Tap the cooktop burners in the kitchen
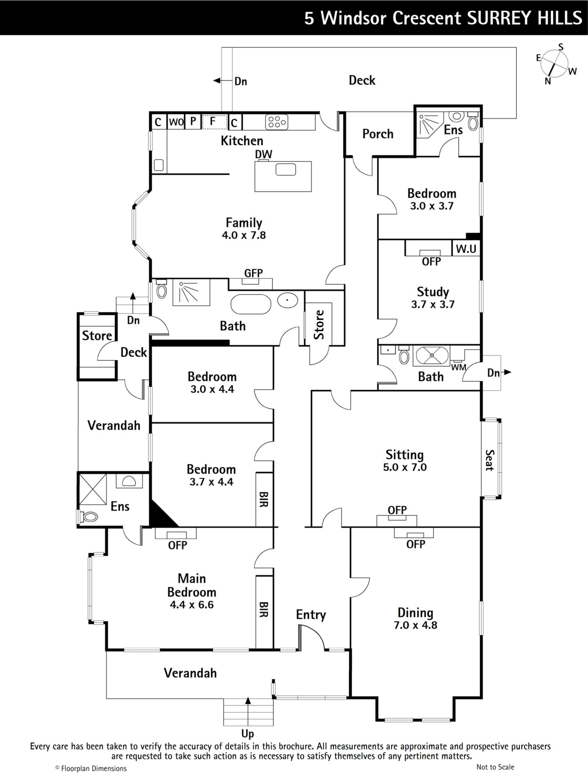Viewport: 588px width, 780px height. point(277,122)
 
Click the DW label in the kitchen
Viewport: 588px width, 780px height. point(264,154)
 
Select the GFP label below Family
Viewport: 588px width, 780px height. point(253,273)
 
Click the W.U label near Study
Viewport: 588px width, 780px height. point(466,249)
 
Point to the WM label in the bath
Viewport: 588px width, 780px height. point(459,368)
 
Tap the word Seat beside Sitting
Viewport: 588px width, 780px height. point(490,460)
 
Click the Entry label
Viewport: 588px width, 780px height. point(311,615)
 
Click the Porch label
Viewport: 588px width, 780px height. point(378,134)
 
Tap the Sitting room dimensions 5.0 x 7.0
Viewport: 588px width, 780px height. point(405,468)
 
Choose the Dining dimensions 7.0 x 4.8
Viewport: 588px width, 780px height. point(415,625)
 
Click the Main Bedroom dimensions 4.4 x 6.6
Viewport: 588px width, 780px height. point(192,605)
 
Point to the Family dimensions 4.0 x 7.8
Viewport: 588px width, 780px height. point(243,235)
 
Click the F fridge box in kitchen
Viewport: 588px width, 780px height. point(215,122)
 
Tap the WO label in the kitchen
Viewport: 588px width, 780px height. point(176,122)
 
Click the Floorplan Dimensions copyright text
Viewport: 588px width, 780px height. point(91,768)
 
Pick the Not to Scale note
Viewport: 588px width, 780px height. point(495,767)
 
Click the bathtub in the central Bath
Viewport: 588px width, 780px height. point(251,304)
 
